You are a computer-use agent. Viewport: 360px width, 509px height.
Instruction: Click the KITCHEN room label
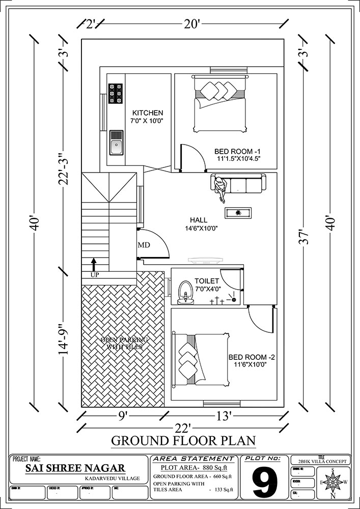point(148,112)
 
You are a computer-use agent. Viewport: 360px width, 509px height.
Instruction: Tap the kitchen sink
point(116,142)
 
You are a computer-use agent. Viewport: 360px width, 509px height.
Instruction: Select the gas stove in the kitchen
point(116,94)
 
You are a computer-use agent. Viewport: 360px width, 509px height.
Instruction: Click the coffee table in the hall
point(238,212)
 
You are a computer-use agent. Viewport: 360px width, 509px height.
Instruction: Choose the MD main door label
point(144,245)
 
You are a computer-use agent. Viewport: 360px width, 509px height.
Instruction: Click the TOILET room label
point(207,281)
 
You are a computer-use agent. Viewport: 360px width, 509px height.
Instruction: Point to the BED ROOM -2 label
point(244,356)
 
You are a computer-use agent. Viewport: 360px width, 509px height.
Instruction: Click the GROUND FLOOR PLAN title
point(183,440)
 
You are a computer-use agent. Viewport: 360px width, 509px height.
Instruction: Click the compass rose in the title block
point(333,481)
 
